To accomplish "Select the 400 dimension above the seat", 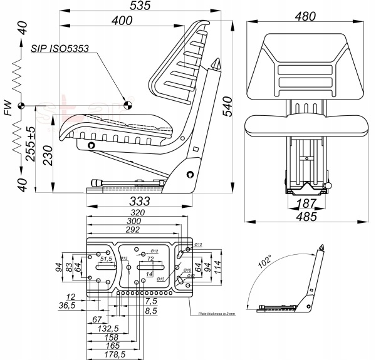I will [122, 21].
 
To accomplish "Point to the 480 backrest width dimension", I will [305, 16].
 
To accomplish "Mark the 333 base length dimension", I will [142, 201].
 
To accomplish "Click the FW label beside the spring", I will [8, 111].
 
